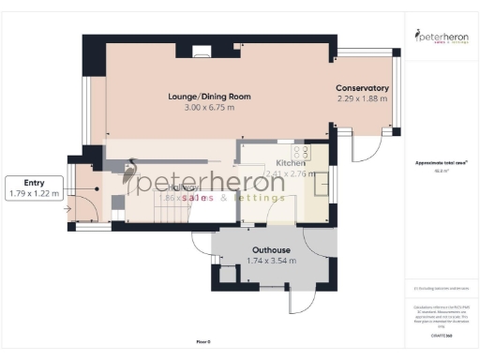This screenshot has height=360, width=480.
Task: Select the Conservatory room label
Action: (362, 89)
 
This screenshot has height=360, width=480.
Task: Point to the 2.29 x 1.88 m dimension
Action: (362, 99)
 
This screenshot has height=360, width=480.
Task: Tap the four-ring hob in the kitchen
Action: (302, 152)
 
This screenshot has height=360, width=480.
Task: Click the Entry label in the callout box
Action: (33, 183)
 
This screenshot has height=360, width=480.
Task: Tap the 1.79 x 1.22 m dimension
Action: (33, 194)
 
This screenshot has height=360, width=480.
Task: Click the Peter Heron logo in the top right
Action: (441, 37)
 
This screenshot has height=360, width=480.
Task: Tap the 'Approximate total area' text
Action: (441, 162)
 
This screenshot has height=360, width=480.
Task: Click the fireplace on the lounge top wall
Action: (200, 52)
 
